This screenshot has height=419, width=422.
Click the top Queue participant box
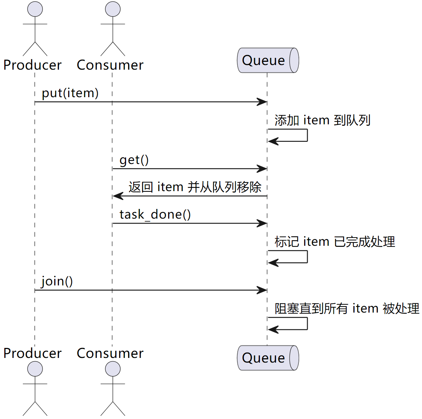point(267,60)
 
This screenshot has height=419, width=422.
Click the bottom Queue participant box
point(267,358)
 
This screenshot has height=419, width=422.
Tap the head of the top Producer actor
point(35,9)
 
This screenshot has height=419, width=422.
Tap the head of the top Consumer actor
point(113,9)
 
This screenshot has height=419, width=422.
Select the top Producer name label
point(32,65)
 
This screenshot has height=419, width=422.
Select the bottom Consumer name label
point(110,353)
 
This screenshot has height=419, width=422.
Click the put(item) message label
point(70,93)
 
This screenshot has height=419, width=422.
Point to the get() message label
point(134,160)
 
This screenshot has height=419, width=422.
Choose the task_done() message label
point(155,214)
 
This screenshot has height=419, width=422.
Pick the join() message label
point(57,281)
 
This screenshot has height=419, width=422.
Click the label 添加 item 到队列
point(322,120)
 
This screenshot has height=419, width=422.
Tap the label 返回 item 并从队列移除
point(195,187)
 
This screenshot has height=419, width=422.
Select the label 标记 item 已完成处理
point(335,241)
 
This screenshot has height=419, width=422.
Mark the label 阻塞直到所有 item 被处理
point(347,308)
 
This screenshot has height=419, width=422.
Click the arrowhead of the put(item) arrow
point(263,102)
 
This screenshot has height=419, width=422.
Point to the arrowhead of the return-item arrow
point(117,196)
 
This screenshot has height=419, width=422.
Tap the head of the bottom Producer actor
point(35,369)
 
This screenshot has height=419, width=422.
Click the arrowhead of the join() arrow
point(263,290)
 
